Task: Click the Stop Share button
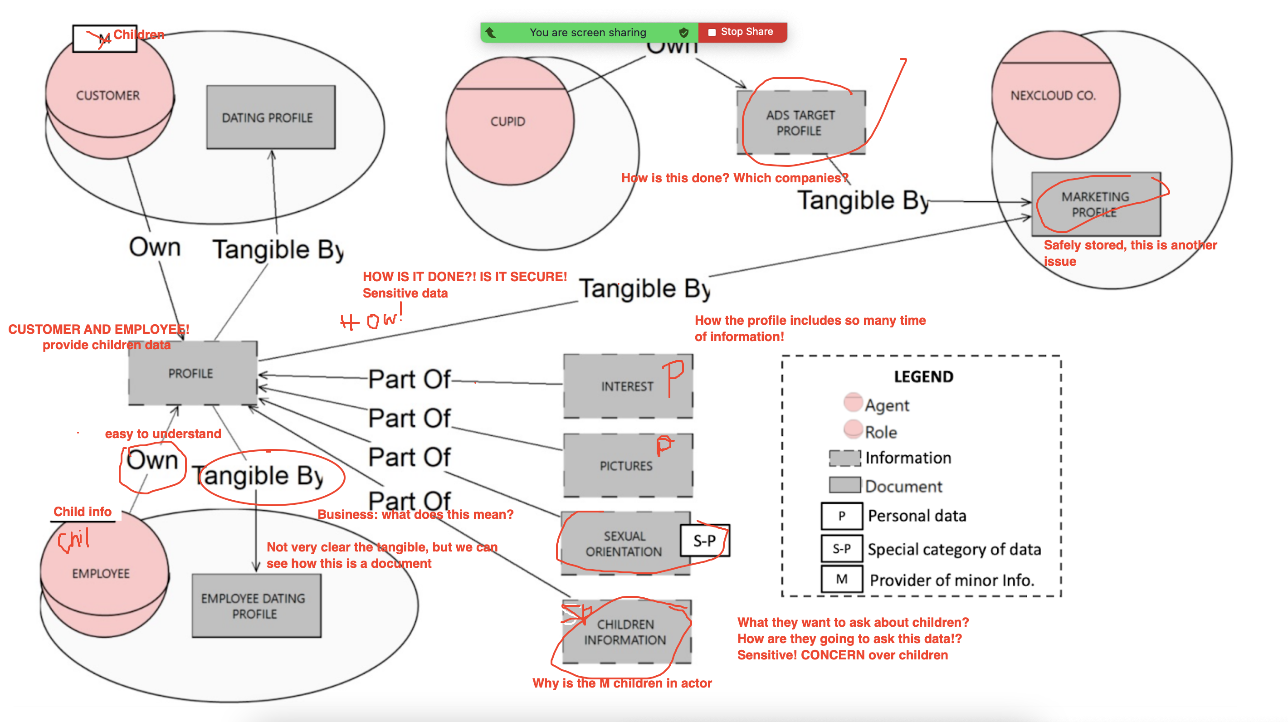742,32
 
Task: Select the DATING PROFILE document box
270,117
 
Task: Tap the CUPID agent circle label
507,122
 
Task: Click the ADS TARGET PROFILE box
800,123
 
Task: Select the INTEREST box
628,386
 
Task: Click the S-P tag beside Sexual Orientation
704,541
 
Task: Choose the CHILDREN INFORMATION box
625,632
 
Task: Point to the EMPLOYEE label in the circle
101,574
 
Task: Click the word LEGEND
923,376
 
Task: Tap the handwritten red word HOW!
371,320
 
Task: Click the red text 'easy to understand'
162,434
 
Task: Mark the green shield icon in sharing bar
683,33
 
